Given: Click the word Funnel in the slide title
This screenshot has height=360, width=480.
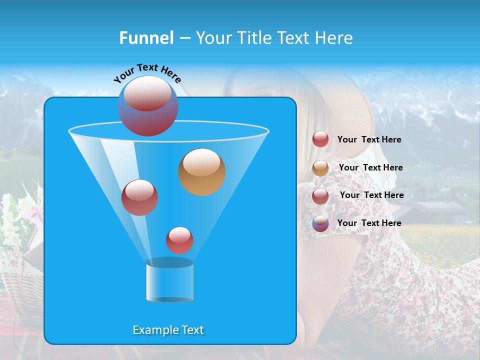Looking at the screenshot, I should pyautogui.click(x=146, y=38).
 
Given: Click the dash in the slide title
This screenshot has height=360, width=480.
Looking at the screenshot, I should pyautogui.click(x=184, y=38).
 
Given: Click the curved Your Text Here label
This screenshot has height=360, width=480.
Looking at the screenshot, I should pyautogui.click(x=147, y=73).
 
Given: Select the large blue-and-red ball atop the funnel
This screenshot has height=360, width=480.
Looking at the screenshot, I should pyautogui.click(x=148, y=106).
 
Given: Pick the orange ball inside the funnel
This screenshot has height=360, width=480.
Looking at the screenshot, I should pyautogui.click(x=202, y=171).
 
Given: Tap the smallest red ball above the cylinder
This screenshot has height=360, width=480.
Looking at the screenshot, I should pyautogui.click(x=180, y=240).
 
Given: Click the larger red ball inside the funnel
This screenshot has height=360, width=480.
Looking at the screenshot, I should pyautogui.click(x=140, y=197).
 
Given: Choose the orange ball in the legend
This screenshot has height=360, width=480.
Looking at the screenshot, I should pyautogui.click(x=320, y=168).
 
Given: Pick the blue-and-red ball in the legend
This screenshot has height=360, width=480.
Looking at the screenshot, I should pyautogui.click(x=320, y=223).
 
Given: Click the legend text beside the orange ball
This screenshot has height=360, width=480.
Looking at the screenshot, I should pyautogui.click(x=370, y=167).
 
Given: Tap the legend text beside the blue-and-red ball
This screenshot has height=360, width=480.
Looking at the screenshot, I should pyautogui.click(x=369, y=223).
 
